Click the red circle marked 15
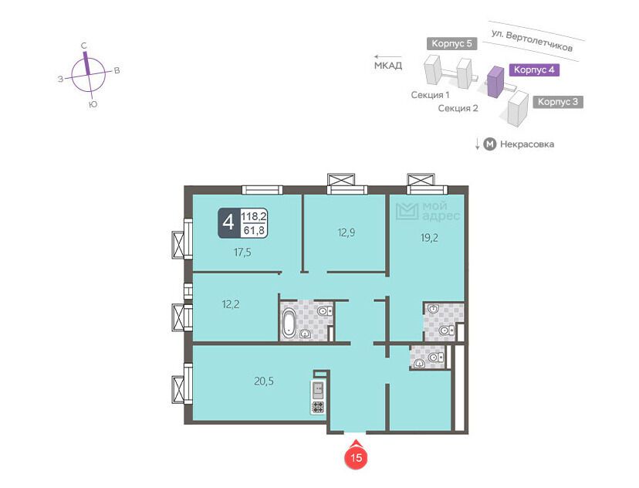pos(357,457)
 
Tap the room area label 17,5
pos(242,252)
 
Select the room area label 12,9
pos(346,232)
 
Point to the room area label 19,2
pos(429,237)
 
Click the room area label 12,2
pos(231,304)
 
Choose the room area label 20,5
pos(264,381)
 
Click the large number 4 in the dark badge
pos(228,222)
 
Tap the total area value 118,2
pos(254,216)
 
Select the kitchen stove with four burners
pos(317,406)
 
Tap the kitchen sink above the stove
pos(317,390)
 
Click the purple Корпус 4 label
pos(534,69)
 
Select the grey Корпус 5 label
pos(452,43)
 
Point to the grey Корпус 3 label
pos(558,102)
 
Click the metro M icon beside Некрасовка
pos(490,144)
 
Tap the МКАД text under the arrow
pos(388,65)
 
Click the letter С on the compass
pos(84,46)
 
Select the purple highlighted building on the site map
pos(495,82)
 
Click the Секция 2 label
pos(458,108)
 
